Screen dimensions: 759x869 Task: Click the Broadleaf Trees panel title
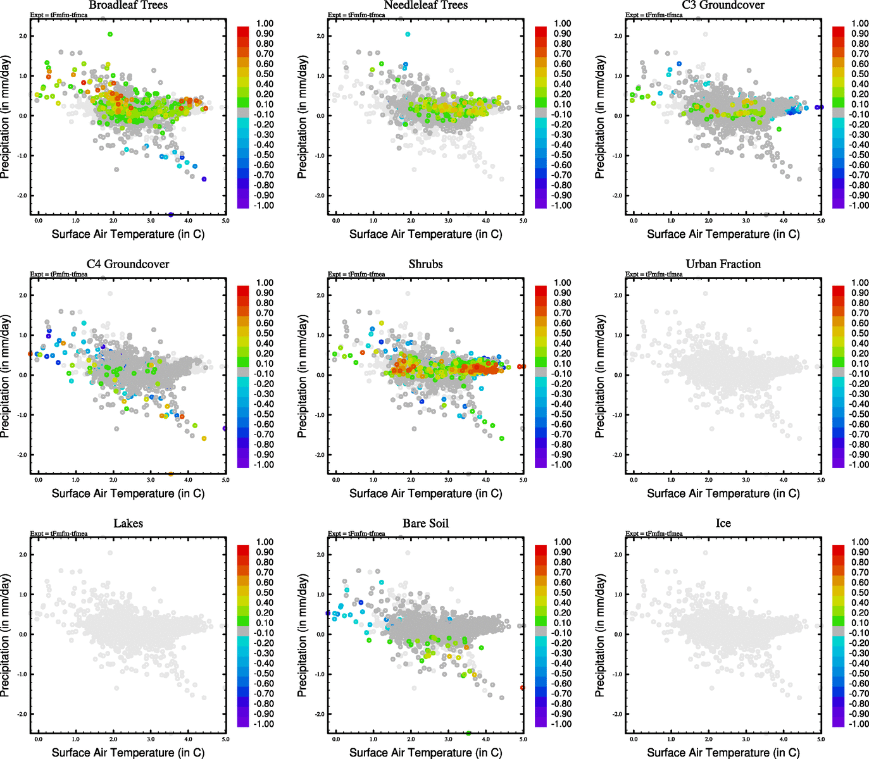[x=128, y=5]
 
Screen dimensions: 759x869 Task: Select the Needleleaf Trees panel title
[x=425, y=5]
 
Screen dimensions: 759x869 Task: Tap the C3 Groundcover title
[x=723, y=5]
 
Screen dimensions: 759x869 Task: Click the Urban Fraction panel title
[x=723, y=264]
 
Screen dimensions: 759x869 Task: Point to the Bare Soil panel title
[x=425, y=523]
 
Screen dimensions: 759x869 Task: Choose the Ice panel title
[x=723, y=523]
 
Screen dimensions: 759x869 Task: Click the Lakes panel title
[x=128, y=523]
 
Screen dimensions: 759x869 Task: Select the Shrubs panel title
[x=425, y=264]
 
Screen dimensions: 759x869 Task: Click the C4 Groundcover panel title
[x=128, y=264]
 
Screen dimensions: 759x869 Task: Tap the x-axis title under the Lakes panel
[x=128, y=752]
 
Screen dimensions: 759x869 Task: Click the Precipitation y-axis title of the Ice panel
[x=600, y=636]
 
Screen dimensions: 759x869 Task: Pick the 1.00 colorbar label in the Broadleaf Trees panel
[x=265, y=23]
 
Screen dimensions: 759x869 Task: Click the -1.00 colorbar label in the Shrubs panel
[x=561, y=464]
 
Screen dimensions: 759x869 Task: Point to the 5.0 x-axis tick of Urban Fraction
[x=820, y=480]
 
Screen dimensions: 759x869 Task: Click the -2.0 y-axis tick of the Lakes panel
[x=23, y=714]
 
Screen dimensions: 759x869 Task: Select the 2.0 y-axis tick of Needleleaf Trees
[x=320, y=36]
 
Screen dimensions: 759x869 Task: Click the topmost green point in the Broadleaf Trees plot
[x=110, y=34]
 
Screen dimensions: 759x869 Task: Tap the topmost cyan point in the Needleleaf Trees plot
[x=408, y=34]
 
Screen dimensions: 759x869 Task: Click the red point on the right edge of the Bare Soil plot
[x=522, y=688]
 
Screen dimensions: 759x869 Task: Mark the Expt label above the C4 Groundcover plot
[x=58, y=274]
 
